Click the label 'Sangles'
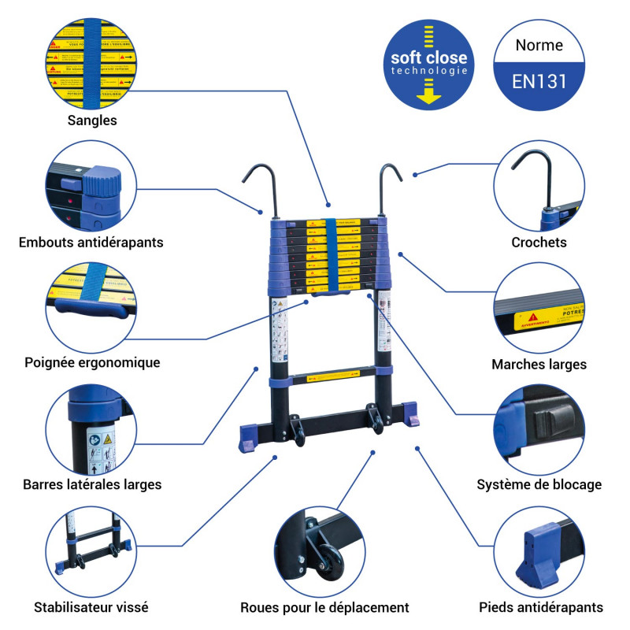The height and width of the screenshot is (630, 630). tap(92, 120)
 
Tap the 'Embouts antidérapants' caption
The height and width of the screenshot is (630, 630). tap(91, 242)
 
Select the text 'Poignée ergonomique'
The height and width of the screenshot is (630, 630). tap(92, 362)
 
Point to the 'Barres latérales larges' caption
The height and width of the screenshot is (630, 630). tap(92, 484)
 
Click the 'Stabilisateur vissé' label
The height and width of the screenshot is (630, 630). tap(91, 607)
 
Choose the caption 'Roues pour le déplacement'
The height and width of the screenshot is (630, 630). tap(324, 607)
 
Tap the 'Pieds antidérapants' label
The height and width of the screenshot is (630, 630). tap(541, 607)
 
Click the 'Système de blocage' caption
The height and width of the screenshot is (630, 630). tap(539, 484)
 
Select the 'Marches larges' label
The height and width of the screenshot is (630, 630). tap(539, 364)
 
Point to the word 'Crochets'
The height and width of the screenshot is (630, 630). tap(539, 243)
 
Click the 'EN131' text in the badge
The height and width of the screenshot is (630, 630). tap(539, 81)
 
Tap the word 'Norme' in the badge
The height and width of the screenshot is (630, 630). tap(539, 45)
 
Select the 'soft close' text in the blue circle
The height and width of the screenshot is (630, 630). tap(429, 58)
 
